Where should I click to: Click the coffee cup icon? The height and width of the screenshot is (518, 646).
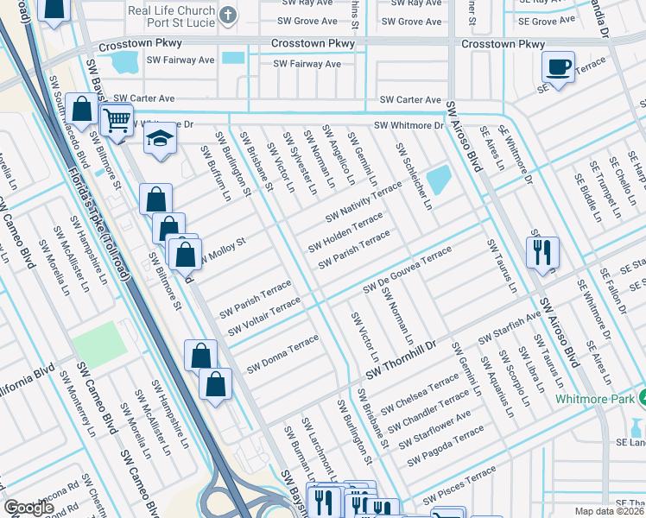[x=558, y=67]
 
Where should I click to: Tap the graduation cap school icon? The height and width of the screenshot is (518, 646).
[x=160, y=140]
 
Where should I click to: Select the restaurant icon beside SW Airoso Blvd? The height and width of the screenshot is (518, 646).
[x=541, y=252]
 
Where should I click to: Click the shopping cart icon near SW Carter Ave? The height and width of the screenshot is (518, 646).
[x=117, y=121]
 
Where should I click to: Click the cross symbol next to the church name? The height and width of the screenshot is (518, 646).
[x=227, y=15]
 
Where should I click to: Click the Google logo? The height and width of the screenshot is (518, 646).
[x=28, y=508]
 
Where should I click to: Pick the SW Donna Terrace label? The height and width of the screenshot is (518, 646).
[x=282, y=355]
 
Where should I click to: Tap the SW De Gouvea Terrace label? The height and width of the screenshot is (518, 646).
[x=408, y=268]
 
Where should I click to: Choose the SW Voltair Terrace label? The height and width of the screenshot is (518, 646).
[x=263, y=317]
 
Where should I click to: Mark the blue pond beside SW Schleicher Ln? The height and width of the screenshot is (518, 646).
[x=439, y=180]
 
